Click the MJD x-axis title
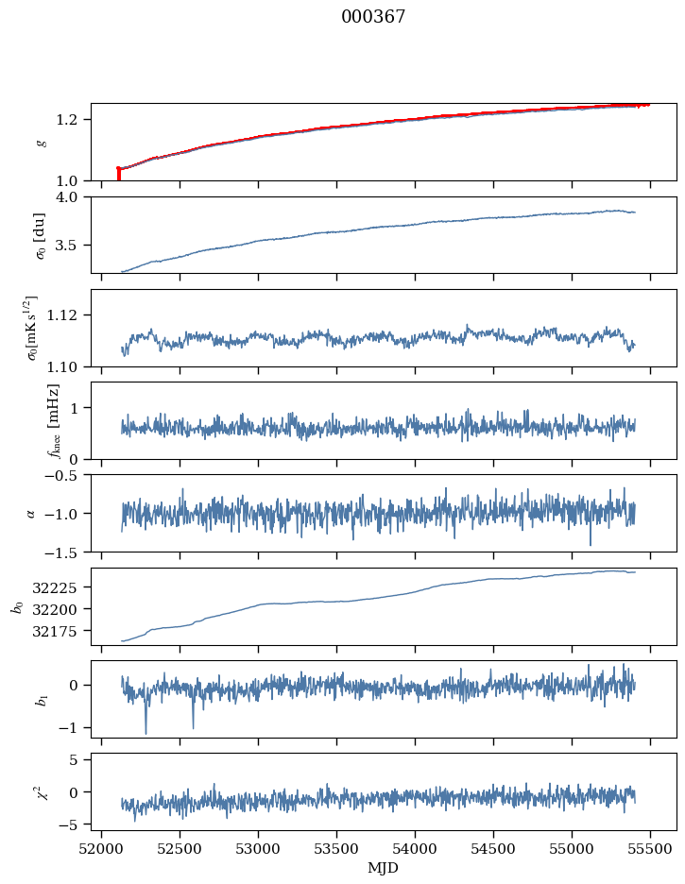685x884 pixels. click(383, 868)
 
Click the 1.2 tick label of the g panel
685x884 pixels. click(74, 120)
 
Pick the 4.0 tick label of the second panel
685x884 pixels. click(74, 197)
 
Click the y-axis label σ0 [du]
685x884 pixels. click(40, 234)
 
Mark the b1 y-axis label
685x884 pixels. click(41, 699)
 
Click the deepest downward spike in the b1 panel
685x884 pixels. click(146, 732)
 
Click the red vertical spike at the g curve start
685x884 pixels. click(118, 175)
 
